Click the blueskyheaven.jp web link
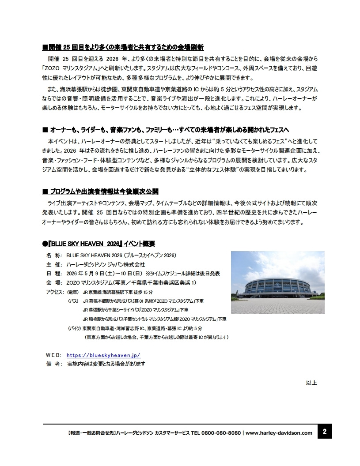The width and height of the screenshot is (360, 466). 103,355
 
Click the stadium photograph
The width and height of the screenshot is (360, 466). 277,282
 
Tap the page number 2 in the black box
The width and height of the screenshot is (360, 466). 325,432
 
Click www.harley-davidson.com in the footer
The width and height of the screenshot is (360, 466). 279,433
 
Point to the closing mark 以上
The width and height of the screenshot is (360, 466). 311,383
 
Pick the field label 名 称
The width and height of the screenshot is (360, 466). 54,256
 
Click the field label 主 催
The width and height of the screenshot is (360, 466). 54,265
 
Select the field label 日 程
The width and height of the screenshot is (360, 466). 54,274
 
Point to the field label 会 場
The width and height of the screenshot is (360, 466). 54,283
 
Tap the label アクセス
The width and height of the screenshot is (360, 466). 54,292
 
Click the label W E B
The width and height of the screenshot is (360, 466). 54,355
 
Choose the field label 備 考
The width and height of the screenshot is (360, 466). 54,364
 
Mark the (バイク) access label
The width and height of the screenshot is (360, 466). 74,329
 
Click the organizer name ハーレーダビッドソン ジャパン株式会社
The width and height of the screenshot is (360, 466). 106,265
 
